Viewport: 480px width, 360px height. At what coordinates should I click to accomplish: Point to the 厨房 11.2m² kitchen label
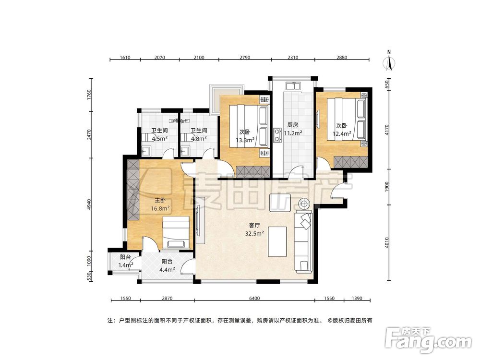292,129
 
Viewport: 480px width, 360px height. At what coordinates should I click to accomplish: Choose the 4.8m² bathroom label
198,135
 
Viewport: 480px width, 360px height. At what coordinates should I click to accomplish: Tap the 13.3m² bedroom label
244,136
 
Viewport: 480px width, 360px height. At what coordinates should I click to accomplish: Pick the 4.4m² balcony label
167,265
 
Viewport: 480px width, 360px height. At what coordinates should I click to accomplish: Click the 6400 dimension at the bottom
254,299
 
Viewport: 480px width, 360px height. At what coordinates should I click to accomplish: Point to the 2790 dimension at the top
244,58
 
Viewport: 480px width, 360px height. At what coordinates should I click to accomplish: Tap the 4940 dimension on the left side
89,203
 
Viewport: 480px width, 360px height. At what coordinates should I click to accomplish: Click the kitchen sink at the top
292,86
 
